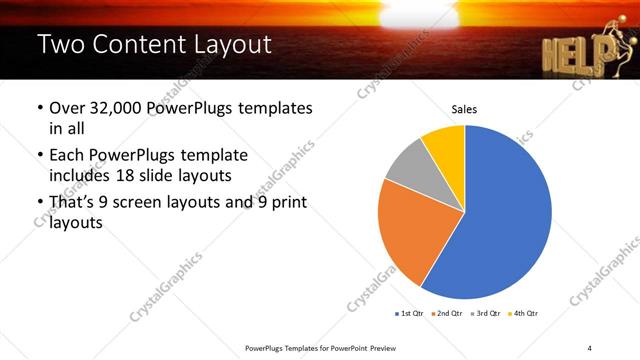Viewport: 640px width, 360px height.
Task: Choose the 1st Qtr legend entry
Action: pos(411,314)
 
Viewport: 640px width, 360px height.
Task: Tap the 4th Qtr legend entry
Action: pos(526,314)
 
